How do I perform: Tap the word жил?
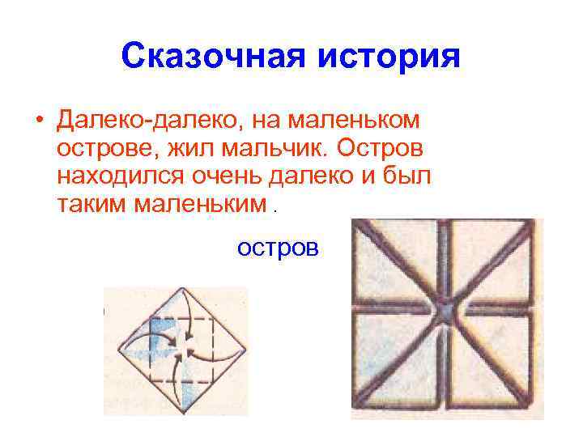coord(184,148)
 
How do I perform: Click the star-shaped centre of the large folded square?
coord(445,310)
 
